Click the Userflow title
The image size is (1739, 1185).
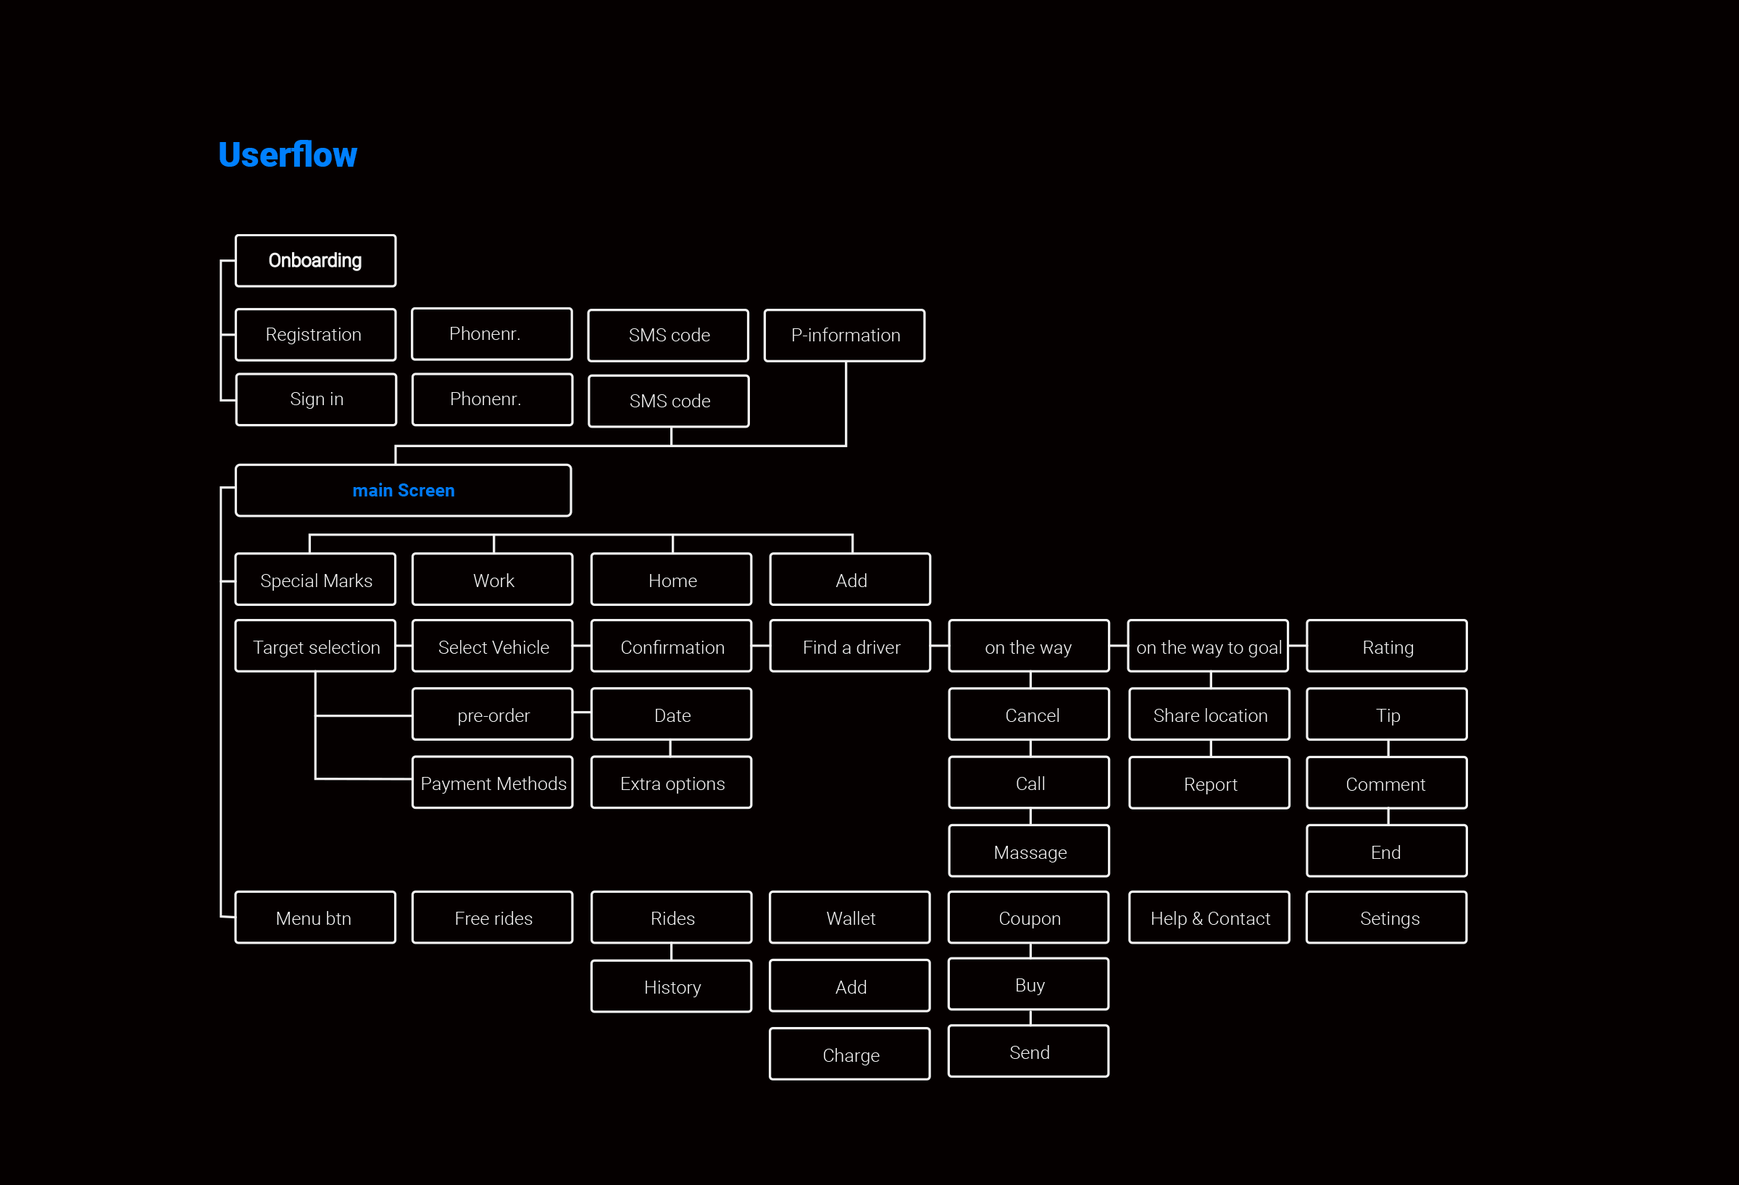click(288, 155)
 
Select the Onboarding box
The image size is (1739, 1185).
click(315, 260)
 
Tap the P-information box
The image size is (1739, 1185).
click(844, 336)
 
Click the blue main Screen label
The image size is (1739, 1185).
click(404, 491)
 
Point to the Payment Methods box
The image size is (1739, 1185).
click(493, 782)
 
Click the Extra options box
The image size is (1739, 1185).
click(671, 782)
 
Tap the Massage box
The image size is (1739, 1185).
click(1029, 851)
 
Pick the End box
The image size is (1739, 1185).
click(1387, 851)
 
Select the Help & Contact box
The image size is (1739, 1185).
click(1209, 918)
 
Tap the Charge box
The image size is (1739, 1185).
click(850, 1054)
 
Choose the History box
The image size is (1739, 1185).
click(671, 986)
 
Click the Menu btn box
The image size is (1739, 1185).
click(315, 918)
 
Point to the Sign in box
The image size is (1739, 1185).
click(316, 400)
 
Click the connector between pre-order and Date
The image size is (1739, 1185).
click(582, 713)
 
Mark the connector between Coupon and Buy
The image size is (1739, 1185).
click(1030, 951)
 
